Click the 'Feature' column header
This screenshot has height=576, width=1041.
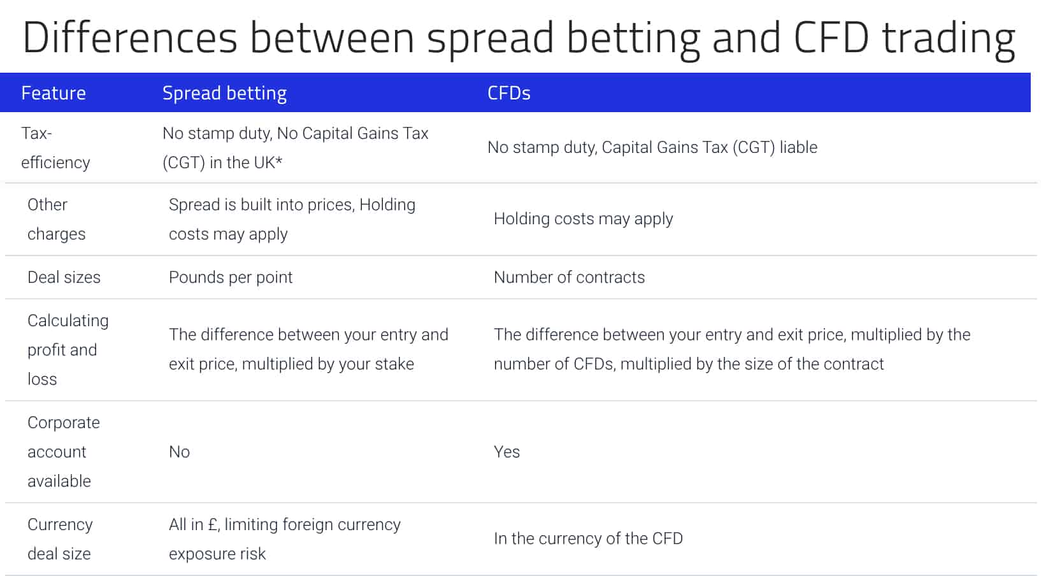54,93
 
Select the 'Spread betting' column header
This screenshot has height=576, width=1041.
224,94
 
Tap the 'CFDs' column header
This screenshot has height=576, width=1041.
509,93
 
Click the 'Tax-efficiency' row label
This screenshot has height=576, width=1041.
55,148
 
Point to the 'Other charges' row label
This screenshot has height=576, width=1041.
56,219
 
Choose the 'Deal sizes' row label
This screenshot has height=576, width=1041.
64,277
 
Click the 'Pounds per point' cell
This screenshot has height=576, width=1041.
231,278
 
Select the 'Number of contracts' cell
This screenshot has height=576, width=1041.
570,277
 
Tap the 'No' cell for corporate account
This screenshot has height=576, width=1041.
180,452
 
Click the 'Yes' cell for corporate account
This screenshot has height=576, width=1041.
506,452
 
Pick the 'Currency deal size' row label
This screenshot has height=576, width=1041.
60,539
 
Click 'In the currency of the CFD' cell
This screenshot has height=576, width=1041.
589,538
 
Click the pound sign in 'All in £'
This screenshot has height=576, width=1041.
213,524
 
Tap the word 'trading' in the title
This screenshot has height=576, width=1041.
949,40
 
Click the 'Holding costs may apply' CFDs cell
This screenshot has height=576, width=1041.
583,219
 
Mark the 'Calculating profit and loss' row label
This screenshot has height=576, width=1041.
68,350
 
